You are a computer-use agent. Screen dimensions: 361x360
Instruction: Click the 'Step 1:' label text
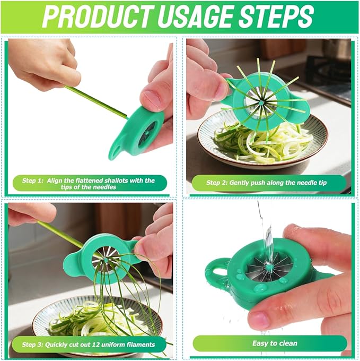[x=33, y=181]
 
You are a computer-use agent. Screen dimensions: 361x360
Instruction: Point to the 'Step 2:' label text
[x=217, y=183]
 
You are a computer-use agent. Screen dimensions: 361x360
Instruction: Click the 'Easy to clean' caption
[x=275, y=343]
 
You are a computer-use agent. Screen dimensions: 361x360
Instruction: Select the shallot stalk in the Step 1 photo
[x=95, y=101]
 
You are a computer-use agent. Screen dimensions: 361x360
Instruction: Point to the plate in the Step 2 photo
[x=313, y=151]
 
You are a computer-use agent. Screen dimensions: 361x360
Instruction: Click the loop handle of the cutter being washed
[x=215, y=271]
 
